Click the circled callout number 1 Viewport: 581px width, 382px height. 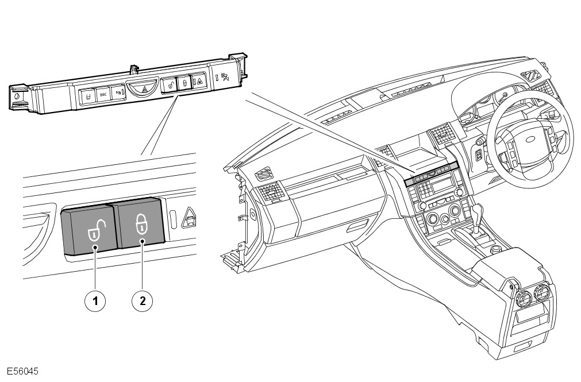[95, 300]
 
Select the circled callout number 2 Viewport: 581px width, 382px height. [143, 300]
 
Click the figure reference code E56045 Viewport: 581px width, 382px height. [22, 372]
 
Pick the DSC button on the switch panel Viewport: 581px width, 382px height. [103, 94]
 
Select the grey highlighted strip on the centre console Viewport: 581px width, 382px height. [432, 173]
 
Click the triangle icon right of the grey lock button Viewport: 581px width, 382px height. [188, 217]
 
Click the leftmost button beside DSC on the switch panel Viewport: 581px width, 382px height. [88, 96]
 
